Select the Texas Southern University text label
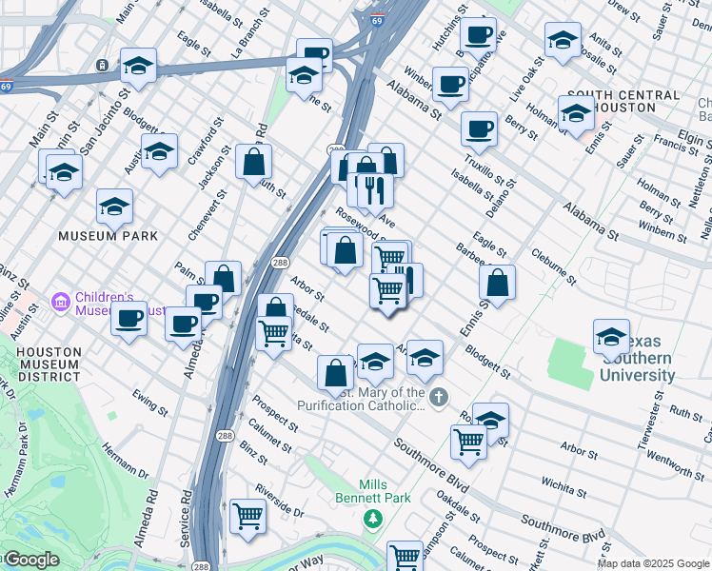(636, 366)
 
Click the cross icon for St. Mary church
(438, 396)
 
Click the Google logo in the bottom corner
(30, 560)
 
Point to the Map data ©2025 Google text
(653, 563)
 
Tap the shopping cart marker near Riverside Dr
(247, 517)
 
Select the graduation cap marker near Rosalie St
(563, 40)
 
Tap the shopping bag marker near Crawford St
(254, 162)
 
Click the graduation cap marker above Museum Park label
(114, 206)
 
